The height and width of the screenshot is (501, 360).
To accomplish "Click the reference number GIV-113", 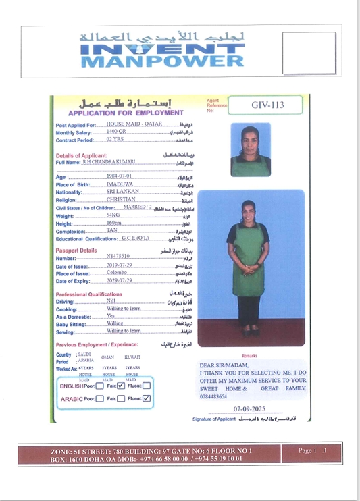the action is [265, 105].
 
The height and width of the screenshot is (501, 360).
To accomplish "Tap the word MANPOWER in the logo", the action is [162, 61].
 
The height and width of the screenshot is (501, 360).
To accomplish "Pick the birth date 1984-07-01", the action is [119, 176].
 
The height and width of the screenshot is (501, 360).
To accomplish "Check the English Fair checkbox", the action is [121, 386].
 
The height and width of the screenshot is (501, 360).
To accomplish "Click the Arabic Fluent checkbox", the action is [146, 398].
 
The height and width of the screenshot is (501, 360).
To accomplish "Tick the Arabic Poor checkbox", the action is [99, 399].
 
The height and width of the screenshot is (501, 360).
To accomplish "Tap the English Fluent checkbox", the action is [146, 386].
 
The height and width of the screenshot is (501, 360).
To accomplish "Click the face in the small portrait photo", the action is [251, 135].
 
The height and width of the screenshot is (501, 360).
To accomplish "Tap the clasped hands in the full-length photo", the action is [249, 267].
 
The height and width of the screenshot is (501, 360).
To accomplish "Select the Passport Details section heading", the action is [76, 250].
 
